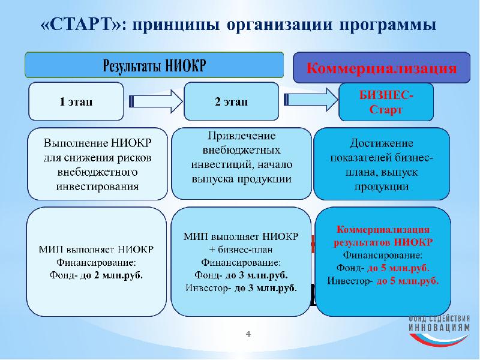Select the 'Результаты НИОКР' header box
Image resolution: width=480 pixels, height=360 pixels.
[x=154, y=65]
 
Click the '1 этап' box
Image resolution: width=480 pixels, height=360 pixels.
[x=76, y=101]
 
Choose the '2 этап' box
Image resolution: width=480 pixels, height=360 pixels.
[x=231, y=101]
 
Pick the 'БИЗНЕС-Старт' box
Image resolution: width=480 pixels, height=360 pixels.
[x=385, y=102]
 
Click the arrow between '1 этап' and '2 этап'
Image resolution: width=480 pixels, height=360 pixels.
[x=154, y=101]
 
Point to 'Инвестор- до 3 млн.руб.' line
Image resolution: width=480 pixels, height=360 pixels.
[x=241, y=287]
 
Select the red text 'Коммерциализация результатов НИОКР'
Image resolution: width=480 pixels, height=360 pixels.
[x=383, y=236]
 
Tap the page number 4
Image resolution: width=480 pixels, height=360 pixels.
[x=247, y=333]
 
